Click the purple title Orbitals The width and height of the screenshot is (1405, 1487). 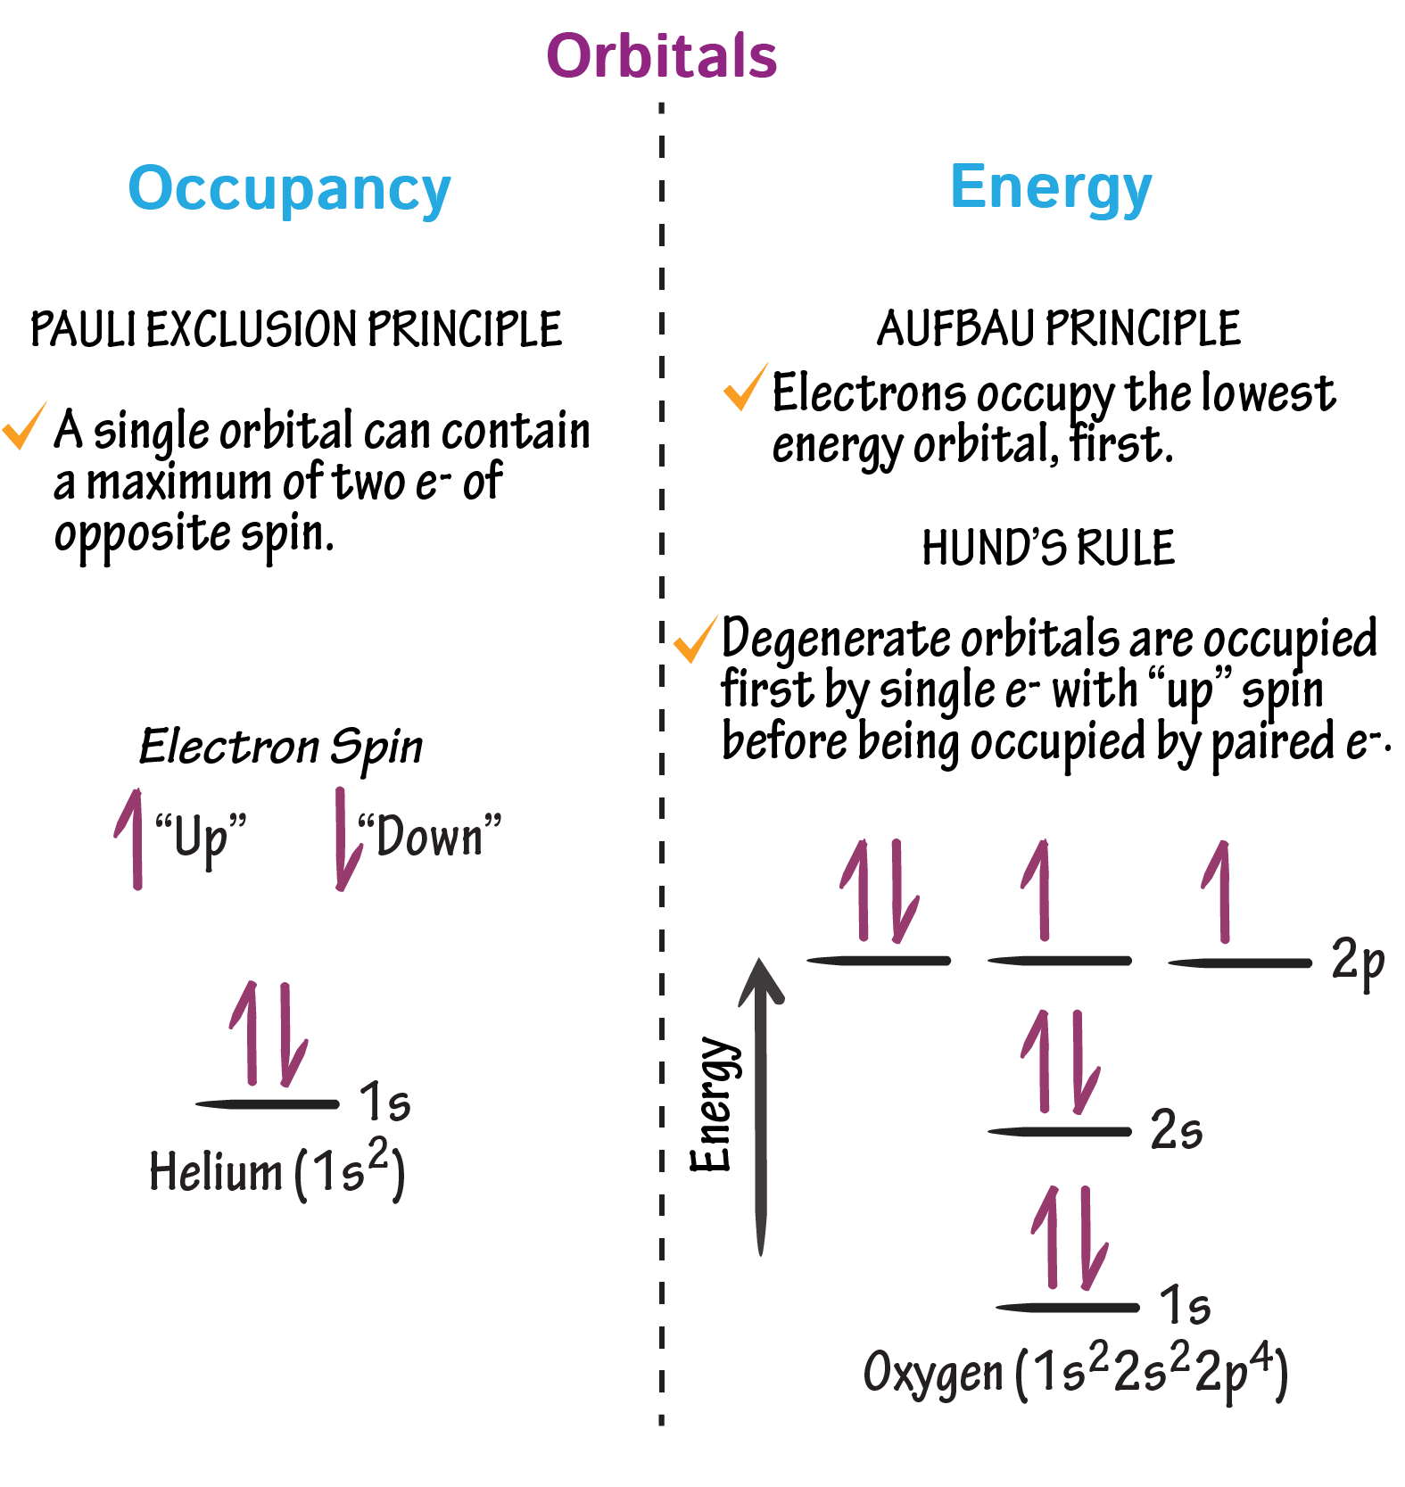point(661,56)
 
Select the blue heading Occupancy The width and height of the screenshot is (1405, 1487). point(289,189)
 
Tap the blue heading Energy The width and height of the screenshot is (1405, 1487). point(1051,187)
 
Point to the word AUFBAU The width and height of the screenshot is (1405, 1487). point(956,328)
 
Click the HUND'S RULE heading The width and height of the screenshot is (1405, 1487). point(1048,548)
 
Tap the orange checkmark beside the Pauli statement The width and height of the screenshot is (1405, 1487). point(24,426)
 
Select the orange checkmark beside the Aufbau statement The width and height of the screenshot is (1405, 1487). point(744,388)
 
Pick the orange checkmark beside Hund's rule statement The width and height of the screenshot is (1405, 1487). point(695,639)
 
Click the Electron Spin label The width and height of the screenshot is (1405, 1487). point(281,747)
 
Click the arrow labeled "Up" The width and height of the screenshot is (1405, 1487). point(132,839)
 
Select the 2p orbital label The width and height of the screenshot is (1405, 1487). point(1357,962)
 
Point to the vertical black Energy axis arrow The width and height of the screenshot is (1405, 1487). point(761,1106)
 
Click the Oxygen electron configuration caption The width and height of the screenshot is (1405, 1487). point(1075,1371)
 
